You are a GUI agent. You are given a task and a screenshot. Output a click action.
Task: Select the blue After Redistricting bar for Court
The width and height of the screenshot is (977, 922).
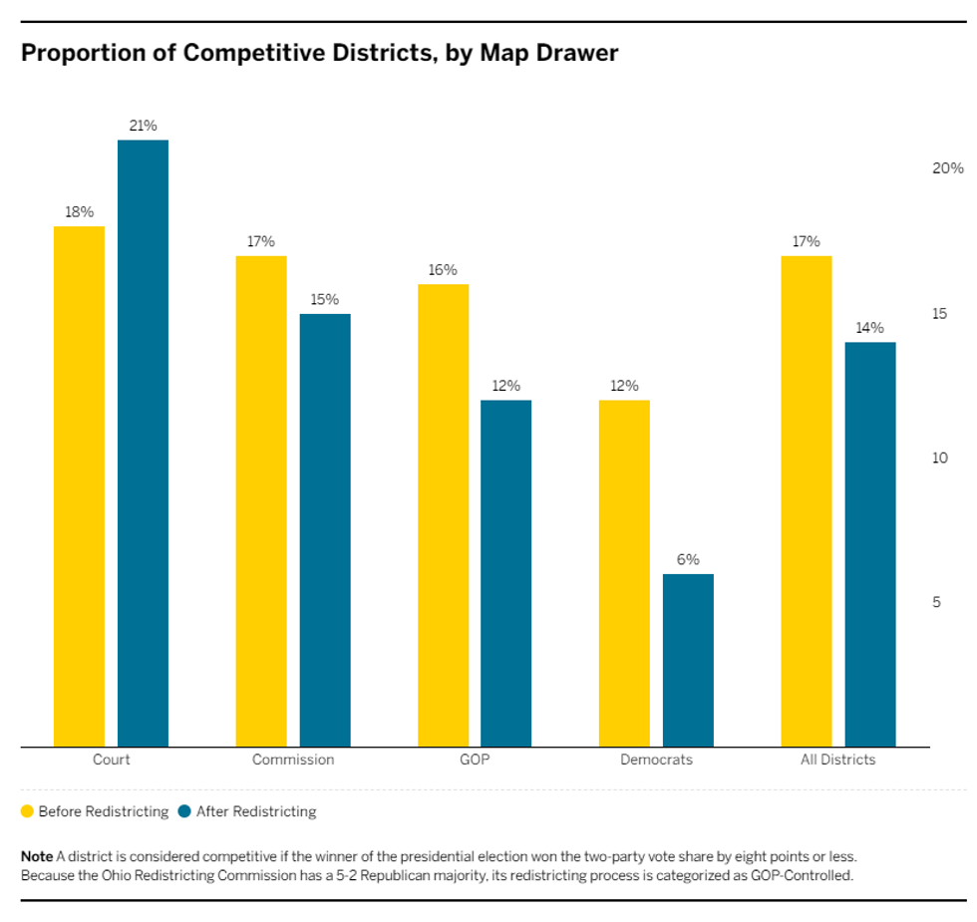[x=143, y=444]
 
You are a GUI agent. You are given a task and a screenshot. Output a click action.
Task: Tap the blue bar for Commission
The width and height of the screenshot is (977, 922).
[x=325, y=530]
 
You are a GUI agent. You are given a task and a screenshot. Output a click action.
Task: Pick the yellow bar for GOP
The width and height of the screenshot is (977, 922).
[x=443, y=515]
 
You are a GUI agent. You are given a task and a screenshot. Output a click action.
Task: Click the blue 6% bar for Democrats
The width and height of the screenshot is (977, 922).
[x=688, y=660]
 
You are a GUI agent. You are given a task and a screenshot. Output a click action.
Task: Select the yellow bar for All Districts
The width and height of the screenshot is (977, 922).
[x=806, y=501]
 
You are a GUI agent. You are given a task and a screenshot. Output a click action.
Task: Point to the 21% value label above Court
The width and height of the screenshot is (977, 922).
[x=143, y=126]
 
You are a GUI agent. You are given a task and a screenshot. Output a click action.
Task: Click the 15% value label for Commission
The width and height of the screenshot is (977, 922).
[x=325, y=299]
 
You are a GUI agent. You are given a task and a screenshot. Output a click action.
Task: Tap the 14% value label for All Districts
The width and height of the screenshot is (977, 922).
[x=870, y=328]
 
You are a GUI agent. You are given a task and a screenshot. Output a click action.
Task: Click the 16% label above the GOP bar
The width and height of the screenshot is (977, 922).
[x=443, y=270]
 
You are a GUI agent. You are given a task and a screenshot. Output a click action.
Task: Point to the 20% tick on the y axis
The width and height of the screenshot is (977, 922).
[x=947, y=168]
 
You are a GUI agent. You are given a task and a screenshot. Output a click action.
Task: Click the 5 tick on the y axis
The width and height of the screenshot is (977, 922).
[x=937, y=602]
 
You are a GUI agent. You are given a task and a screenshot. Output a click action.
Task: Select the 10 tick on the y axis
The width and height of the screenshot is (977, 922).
[x=939, y=458]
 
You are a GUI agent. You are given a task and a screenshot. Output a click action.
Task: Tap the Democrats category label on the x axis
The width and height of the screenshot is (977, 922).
[x=656, y=760]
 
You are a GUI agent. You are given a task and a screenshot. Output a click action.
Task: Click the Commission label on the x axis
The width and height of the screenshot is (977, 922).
[x=293, y=760]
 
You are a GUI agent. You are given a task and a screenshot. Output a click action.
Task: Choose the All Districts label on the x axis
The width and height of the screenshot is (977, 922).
[x=837, y=760]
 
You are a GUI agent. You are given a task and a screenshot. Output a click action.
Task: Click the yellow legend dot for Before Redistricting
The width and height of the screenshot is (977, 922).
[x=28, y=811]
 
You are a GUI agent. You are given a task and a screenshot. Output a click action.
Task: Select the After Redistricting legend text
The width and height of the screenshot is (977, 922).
[x=256, y=811]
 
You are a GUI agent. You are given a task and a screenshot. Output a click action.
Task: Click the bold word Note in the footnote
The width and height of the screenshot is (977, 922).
[x=37, y=856]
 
